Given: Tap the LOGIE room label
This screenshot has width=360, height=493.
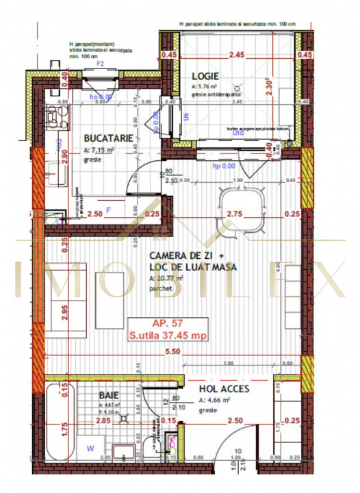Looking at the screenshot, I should (x=205, y=78).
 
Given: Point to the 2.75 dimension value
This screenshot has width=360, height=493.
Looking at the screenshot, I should (x=235, y=214).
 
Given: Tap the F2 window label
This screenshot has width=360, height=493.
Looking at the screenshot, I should (x=100, y=64).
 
